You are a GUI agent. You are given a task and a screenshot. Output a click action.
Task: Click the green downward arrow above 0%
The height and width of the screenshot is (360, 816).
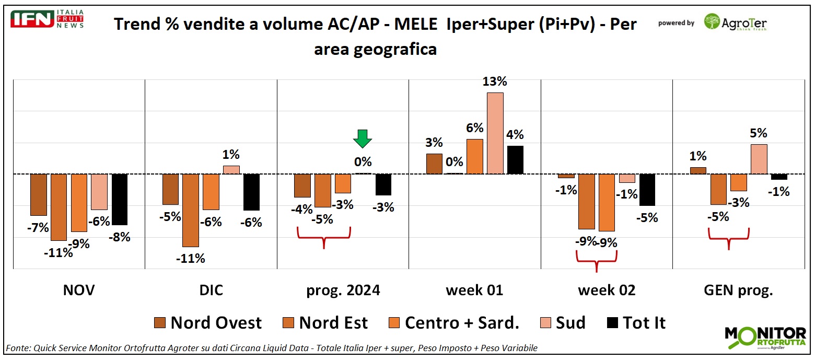363,140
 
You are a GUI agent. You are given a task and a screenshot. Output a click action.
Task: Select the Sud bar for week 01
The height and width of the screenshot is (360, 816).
495,133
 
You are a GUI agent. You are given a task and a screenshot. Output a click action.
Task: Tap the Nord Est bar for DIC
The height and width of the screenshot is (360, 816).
190,210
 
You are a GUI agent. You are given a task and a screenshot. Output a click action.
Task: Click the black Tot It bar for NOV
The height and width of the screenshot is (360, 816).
120,200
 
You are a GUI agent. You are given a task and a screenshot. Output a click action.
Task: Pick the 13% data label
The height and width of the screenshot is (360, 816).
495,82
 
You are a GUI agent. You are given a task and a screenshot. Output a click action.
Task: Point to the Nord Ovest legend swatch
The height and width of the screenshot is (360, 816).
160,323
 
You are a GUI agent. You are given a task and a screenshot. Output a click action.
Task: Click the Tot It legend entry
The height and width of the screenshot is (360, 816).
637,323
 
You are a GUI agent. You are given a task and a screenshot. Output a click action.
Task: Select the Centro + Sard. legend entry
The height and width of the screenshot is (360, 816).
455,323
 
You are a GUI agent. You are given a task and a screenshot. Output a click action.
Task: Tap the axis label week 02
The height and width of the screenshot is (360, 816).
607,291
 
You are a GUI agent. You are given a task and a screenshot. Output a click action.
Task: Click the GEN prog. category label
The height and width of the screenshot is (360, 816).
738,291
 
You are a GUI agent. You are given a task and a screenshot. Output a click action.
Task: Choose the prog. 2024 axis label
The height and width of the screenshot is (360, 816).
343,291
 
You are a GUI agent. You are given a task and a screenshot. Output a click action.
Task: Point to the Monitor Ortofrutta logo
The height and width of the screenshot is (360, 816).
765,338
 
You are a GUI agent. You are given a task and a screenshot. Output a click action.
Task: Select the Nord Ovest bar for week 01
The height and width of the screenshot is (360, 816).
434,164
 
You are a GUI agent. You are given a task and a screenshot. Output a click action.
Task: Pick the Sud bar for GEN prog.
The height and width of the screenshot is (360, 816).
759,159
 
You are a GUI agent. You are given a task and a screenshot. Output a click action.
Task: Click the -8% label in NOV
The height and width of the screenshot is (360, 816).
119,237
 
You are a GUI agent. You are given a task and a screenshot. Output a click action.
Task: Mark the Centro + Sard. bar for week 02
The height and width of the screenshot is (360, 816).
607,202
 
